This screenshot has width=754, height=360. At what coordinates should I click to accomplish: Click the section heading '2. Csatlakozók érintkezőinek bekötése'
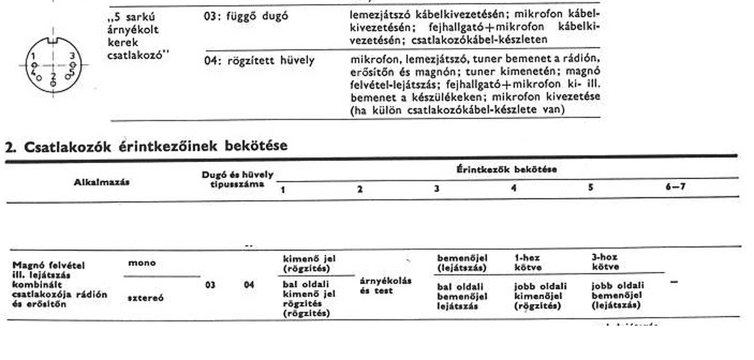(x=146, y=146)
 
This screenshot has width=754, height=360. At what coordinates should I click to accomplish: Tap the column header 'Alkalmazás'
(x=101, y=182)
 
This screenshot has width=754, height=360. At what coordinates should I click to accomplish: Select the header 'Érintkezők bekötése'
(x=507, y=170)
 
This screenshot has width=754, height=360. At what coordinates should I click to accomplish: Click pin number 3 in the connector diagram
(x=72, y=55)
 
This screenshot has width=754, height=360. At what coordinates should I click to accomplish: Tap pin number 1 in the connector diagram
(x=34, y=56)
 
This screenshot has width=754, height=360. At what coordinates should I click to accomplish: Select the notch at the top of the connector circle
(x=53, y=41)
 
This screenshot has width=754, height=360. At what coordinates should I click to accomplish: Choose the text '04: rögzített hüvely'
(x=259, y=61)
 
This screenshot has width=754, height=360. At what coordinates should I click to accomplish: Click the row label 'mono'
(x=142, y=263)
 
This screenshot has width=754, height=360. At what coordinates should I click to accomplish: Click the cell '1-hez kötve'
(x=527, y=262)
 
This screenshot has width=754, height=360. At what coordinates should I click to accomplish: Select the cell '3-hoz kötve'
(x=605, y=262)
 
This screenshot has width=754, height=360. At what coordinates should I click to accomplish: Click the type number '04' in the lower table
(x=249, y=285)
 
